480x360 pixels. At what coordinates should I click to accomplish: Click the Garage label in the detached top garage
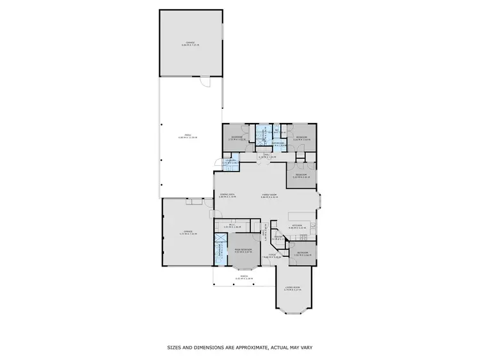pyautogui.click(x=191, y=44)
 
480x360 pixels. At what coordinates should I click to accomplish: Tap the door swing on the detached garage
pyautogui.click(x=205, y=82)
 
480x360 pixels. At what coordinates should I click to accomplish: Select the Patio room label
pyautogui.click(x=188, y=136)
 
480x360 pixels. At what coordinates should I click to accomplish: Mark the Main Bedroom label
pyautogui.click(x=243, y=250)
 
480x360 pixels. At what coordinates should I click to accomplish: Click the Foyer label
pyautogui.click(x=272, y=256)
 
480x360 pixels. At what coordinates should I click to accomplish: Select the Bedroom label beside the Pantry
pyautogui.click(x=302, y=253)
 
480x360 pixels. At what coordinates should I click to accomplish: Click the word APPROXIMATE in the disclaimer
pyautogui.click(x=246, y=348)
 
